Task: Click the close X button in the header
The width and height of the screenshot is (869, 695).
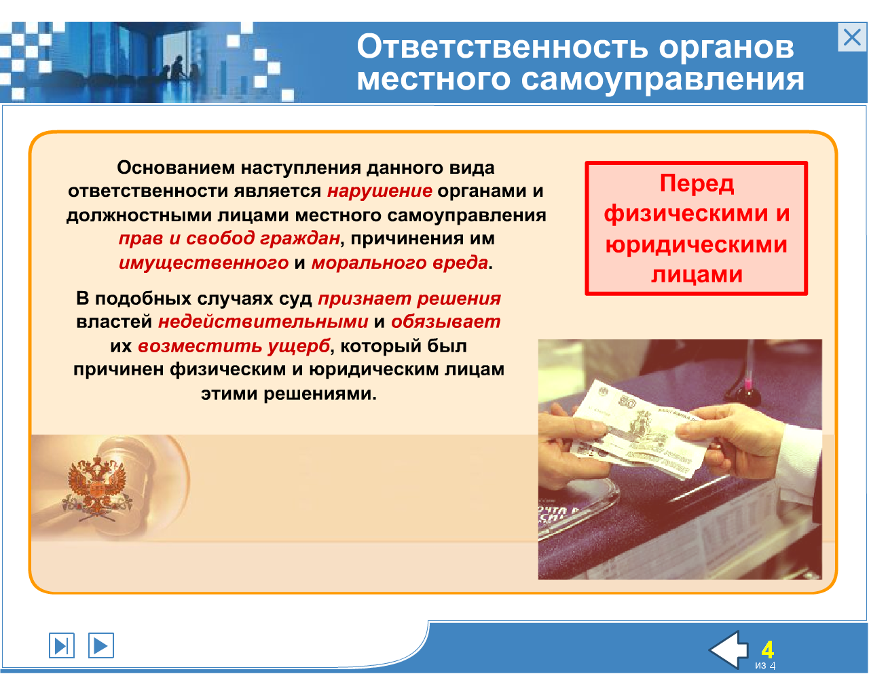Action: [x=852, y=37]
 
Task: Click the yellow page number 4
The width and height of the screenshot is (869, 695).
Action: [x=767, y=650]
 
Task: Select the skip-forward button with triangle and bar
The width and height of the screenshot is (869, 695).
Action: [x=62, y=645]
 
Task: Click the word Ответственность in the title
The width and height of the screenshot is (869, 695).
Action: [x=503, y=48]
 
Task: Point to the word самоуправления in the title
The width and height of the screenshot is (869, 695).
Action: [x=663, y=80]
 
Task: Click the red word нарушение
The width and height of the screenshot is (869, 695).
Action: [x=380, y=191]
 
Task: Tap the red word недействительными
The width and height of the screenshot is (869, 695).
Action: [x=263, y=322]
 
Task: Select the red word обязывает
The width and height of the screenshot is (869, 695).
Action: [x=446, y=322]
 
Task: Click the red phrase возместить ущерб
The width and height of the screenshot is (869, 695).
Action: [x=234, y=346]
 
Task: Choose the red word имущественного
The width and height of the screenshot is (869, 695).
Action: [x=204, y=263]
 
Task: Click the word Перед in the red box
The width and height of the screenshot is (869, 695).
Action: [x=697, y=183]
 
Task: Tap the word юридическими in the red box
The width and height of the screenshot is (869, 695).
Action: [x=696, y=245]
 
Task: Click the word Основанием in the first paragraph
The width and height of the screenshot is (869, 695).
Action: [x=176, y=168]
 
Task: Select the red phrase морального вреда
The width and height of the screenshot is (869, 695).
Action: [x=400, y=263]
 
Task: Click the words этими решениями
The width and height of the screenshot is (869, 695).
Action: [x=289, y=394]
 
